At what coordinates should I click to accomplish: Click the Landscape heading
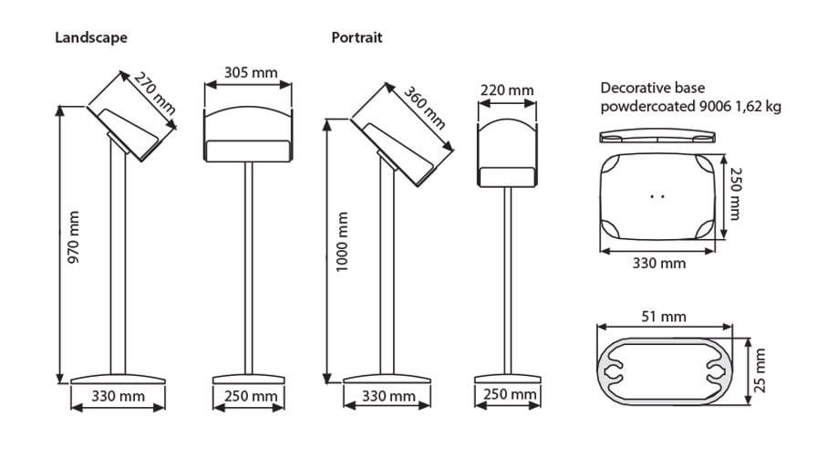(x=91, y=37)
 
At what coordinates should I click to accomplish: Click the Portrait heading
(x=357, y=37)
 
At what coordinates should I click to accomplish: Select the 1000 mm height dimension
(x=342, y=243)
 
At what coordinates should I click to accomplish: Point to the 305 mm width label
(x=251, y=73)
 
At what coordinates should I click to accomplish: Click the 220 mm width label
(x=507, y=90)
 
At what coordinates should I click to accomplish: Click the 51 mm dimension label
(x=663, y=317)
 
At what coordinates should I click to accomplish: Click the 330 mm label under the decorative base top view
(x=659, y=264)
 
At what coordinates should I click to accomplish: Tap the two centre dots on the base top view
(x=659, y=195)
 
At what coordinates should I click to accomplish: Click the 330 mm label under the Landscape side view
(x=118, y=397)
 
